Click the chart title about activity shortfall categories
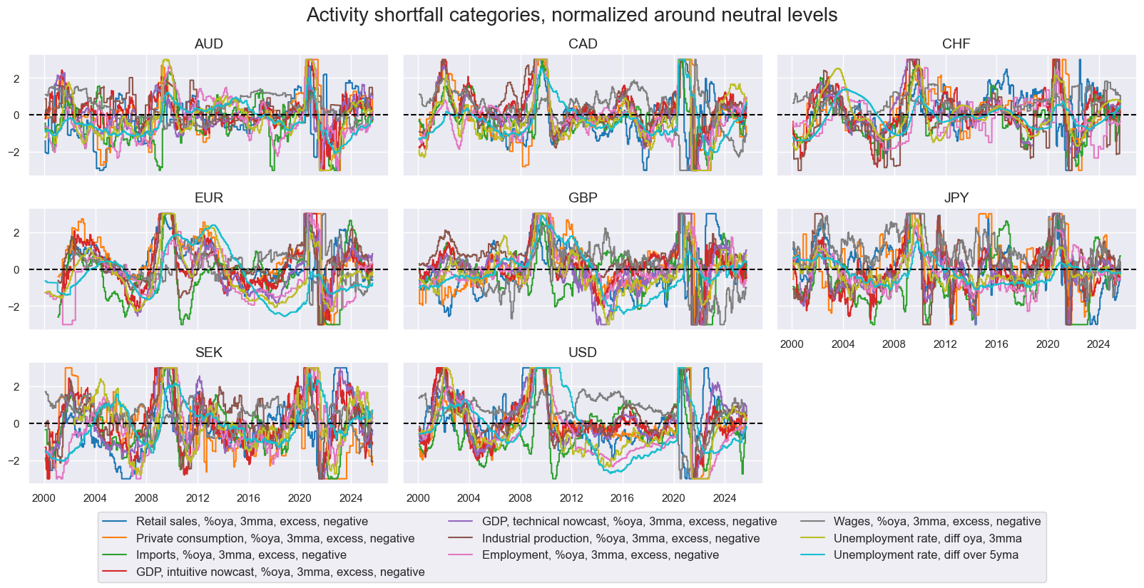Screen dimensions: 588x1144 (x=571, y=15)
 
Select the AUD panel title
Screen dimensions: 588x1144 (x=208, y=44)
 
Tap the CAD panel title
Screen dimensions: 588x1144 (x=583, y=44)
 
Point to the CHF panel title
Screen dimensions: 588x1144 (x=956, y=44)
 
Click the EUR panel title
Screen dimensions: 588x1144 (x=208, y=198)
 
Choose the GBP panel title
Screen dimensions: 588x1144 (x=583, y=198)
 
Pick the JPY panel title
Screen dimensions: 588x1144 (x=956, y=198)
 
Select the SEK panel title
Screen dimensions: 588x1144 (x=208, y=353)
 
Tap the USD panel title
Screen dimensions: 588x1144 (x=583, y=353)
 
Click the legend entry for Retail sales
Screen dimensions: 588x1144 (x=252, y=522)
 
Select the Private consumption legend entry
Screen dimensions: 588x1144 (x=275, y=539)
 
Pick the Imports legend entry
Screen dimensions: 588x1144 (x=241, y=555)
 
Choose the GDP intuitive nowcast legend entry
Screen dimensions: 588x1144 (x=280, y=572)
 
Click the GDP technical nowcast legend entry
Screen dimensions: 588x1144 (x=629, y=522)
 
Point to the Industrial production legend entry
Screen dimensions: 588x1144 (x=620, y=539)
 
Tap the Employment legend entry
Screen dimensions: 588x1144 (x=600, y=555)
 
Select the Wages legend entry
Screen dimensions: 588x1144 (x=936, y=522)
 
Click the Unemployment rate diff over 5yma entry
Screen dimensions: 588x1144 (x=926, y=555)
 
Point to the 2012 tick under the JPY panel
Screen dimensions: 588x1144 (x=945, y=344)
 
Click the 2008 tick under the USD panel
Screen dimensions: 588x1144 (x=520, y=498)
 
